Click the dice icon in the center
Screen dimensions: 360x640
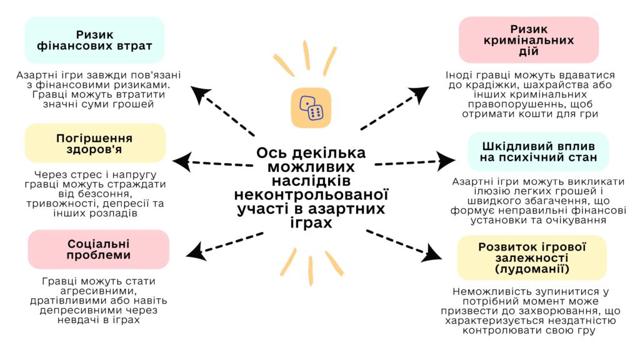311,108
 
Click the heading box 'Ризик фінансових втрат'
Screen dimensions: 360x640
95,41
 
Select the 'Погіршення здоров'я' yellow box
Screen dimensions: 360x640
95,144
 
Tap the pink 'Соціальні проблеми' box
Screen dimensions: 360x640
99,249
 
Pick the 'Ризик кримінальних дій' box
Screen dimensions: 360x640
528,40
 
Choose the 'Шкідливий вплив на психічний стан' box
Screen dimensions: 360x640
538,151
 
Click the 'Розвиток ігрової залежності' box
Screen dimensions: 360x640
531,257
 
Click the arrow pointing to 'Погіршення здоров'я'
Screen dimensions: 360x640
212,162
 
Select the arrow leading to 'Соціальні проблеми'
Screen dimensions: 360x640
225,244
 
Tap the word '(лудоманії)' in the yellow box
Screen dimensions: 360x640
531,269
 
